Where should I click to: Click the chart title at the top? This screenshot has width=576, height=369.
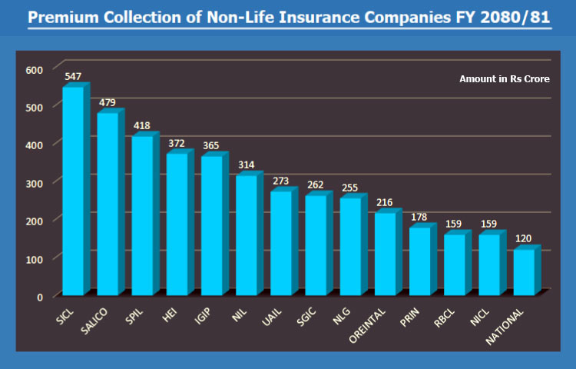(289, 16)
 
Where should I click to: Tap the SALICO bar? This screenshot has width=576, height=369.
(108, 204)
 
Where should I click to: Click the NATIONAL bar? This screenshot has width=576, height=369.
(524, 272)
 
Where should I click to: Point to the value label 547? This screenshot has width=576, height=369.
(74, 77)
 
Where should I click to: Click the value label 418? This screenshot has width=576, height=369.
(143, 125)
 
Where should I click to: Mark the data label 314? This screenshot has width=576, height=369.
(247, 165)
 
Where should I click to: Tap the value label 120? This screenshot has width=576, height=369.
(525, 238)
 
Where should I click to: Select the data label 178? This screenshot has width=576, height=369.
(420, 217)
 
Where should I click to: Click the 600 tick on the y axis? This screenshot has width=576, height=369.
(35, 69)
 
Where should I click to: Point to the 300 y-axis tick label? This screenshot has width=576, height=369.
(35, 182)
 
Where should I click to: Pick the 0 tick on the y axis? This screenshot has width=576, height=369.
(40, 296)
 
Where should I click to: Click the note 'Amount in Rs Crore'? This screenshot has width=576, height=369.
(504, 79)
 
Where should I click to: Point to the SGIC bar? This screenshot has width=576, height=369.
(316, 244)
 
